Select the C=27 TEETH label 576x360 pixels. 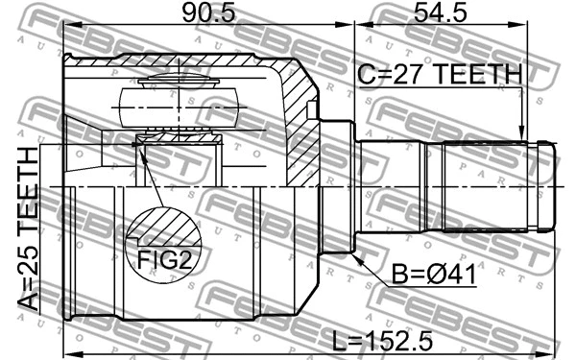pos(440,74)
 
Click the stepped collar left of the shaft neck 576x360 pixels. pos(336,185)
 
